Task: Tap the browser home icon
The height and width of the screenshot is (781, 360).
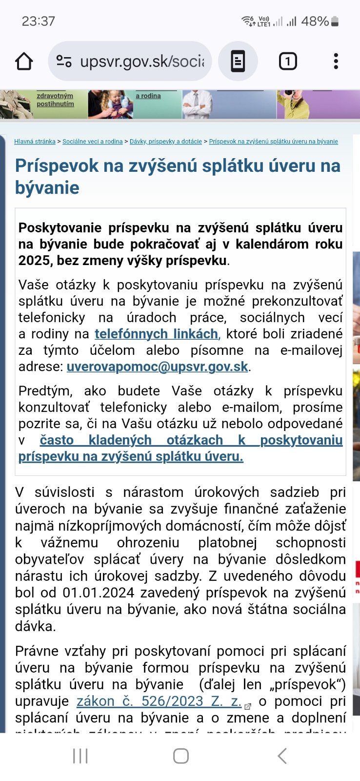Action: click(24, 62)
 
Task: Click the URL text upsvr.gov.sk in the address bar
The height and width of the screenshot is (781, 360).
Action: click(141, 62)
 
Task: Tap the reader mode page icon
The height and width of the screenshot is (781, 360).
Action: click(238, 62)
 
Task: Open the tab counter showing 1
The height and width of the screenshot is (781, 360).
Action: click(288, 62)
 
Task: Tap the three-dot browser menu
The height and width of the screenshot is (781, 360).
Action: click(336, 62)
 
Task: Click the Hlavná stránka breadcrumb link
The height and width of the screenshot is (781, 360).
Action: click(35, 142)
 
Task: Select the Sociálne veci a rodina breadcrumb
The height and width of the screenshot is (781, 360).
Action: click(93, 142)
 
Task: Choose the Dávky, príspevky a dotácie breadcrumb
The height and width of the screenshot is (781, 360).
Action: click(166, 142)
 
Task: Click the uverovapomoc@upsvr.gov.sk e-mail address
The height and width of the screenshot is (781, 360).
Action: click(157, 367)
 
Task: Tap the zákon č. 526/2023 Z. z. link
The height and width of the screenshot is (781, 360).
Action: click(159, 701)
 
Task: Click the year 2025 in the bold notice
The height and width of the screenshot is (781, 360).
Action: click(34, 261)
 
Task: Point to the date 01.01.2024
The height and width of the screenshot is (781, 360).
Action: click(98, 593)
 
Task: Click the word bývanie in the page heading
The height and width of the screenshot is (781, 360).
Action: click(47, 187)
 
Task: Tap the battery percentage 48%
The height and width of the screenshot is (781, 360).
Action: click(315, 21)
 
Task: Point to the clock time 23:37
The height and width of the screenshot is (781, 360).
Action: click(38, 21)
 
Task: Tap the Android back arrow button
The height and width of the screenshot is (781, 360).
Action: click(282, 756)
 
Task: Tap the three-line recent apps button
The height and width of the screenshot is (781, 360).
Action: click(80, 756)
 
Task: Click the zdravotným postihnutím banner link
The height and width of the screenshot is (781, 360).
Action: click(55, 100)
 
